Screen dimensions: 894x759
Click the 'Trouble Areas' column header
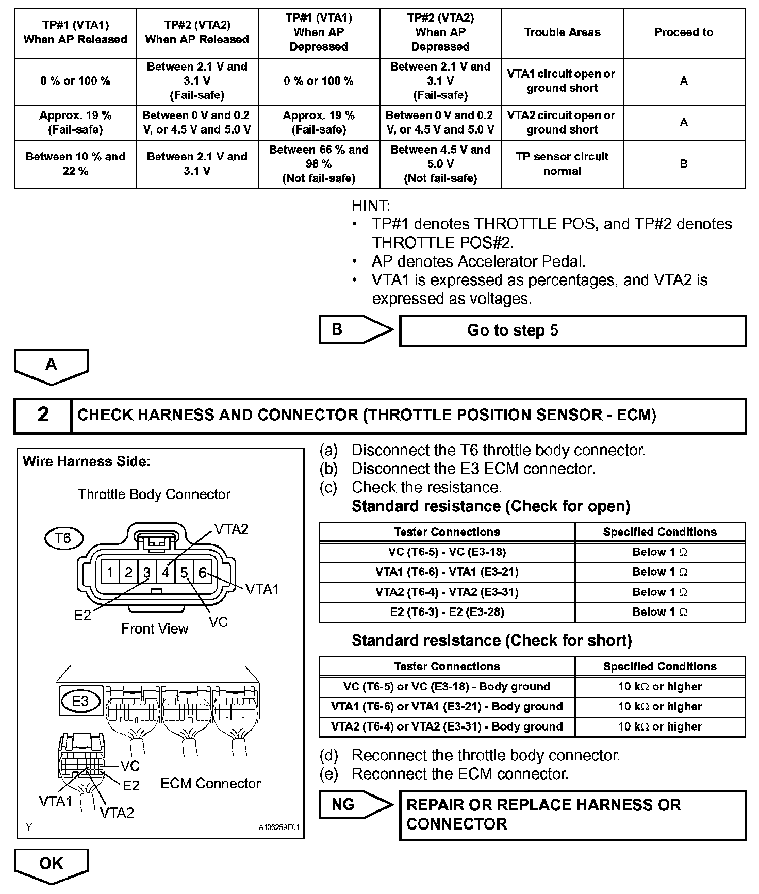click(x=562, y=32)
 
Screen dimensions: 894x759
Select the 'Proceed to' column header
click(x=683, y=32)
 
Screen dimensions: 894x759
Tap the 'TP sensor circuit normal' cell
click(x=562, y=163)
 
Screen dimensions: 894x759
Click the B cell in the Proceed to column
click(x=683, y=163)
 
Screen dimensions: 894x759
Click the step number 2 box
click(x=43, y=415)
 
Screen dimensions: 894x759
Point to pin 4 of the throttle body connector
click(x=166, y=572)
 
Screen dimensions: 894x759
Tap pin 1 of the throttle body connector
click(x=110, y=572)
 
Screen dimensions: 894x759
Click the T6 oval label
click(x=62, y=539)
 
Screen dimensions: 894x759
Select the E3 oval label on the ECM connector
click(x=80, y=701)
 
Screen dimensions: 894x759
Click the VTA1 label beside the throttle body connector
click(x=262, y=589)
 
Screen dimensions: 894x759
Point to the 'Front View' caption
click(x=155, y=628)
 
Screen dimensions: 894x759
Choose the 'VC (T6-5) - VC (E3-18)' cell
click(x=447, y=552)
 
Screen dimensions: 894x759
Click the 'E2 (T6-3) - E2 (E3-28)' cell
click(x=447, y=612)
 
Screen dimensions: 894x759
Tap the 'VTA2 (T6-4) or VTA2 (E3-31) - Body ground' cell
click(x=447, y=726)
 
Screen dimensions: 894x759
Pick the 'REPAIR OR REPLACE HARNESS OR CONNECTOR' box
click(x=572, y=815)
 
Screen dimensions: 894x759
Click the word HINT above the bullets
click(x=371, y=206)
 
